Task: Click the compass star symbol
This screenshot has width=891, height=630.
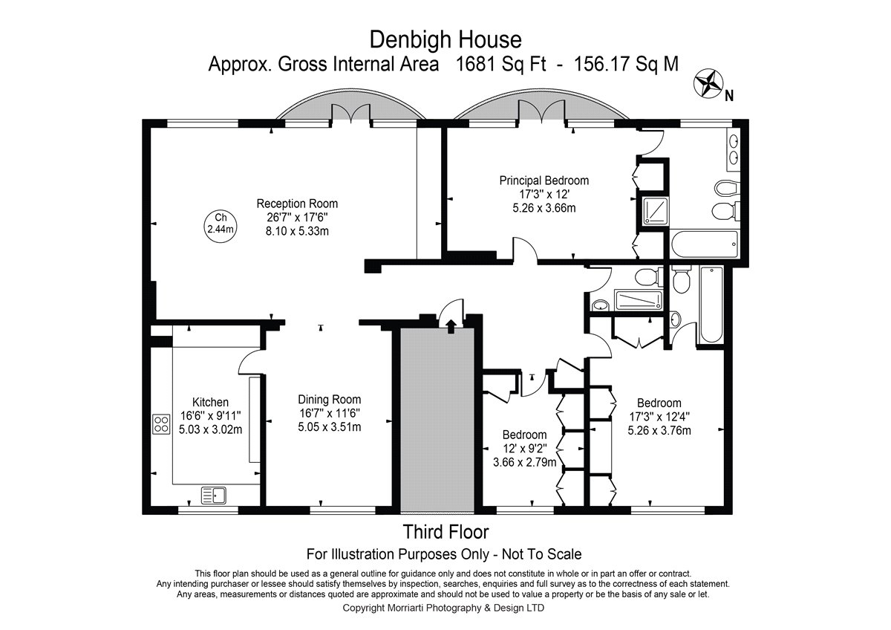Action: click(x=708, y=83)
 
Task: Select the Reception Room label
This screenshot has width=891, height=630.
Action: click(x=297, y=204)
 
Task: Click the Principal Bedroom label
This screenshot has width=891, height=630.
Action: click(x=544, y=181)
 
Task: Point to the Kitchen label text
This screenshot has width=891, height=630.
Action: click(x=210, y=402)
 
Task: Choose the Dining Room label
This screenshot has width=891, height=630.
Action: click(x=330, y=400)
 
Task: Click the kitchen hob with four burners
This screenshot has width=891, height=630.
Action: click(x=161, y=424)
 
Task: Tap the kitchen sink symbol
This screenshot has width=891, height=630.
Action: click(x=214, y=495)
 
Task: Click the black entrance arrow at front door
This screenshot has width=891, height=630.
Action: click(x=451, y=325)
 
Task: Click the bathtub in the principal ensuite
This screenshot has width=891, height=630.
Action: click(x=705, y=244)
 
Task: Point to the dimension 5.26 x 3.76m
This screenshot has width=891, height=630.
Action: click(x=659, y=431)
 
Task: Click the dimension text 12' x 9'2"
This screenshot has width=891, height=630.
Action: click(x=525, y=449)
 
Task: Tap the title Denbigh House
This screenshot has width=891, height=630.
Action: click(x=446, y=40)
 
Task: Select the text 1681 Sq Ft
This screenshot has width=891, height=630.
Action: click(x=500, y=64)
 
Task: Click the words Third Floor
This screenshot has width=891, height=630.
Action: click(x=446, y=532)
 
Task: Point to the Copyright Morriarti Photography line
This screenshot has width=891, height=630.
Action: click(x=443, y=608)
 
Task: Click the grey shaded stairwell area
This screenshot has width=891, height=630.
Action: click(x=437, y=420)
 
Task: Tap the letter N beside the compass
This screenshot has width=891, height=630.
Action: click(x=728, y=96)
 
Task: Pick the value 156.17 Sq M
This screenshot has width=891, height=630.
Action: click(x=626, y=64)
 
